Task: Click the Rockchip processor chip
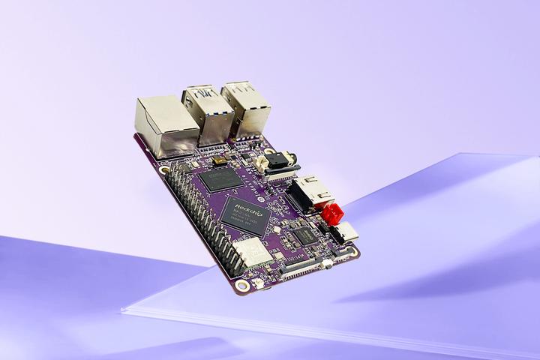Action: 248,215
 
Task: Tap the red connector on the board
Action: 329,215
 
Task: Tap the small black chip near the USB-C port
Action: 305,236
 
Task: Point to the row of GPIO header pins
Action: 203,217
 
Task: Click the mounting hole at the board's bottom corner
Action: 240,286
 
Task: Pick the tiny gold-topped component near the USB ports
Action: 217,162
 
